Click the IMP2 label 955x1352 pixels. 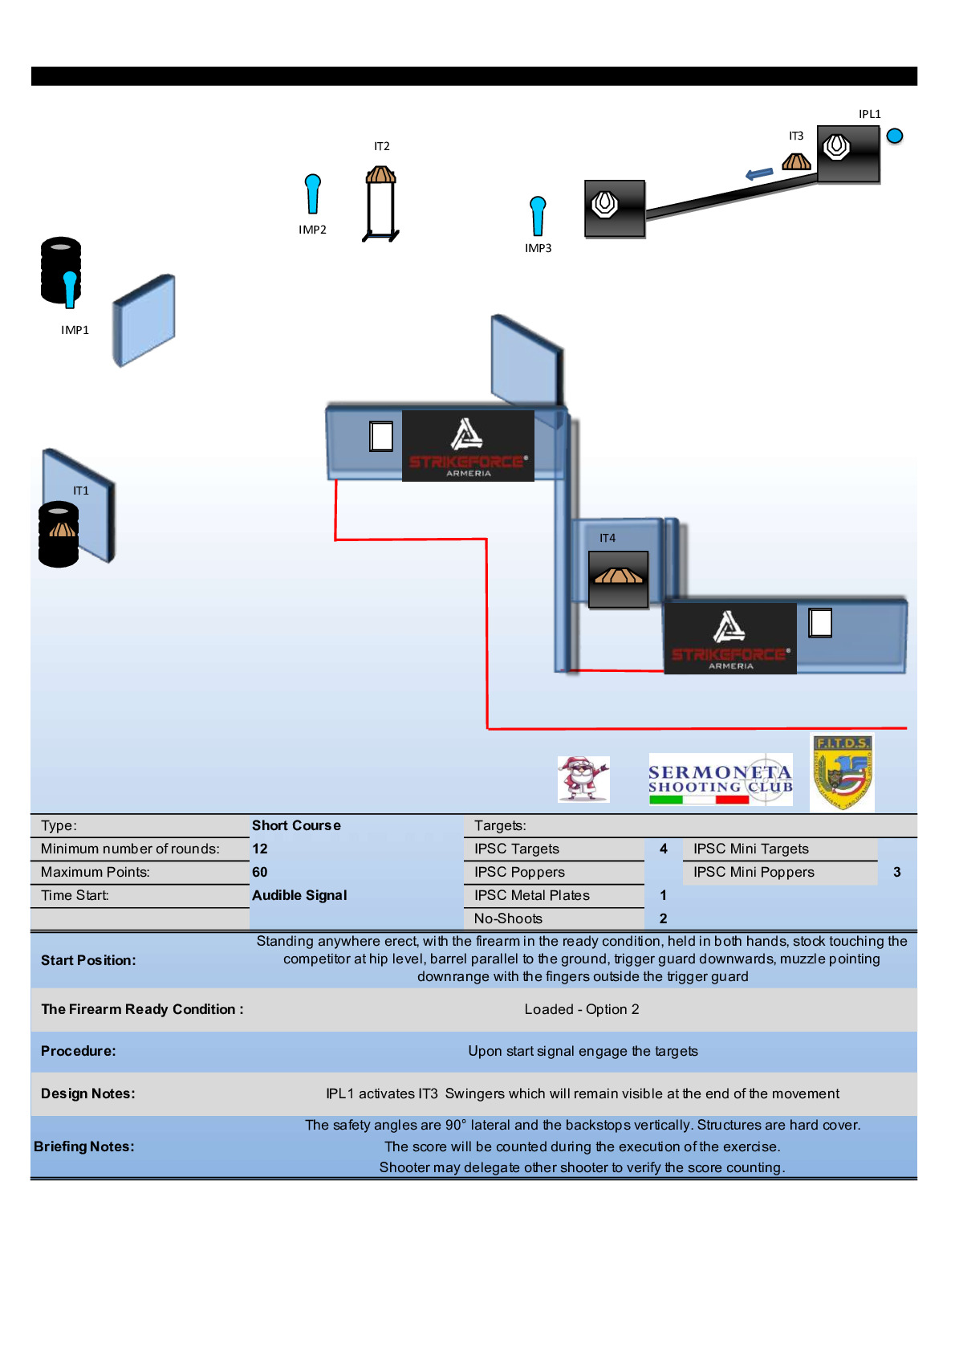pos(312,230)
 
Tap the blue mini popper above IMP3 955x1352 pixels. pos(538,215)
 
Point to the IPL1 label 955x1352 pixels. pos(869,114)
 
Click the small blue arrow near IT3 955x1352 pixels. pos(758,173)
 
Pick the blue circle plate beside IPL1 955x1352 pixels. pos(895,136)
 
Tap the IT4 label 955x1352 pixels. pos(608,538)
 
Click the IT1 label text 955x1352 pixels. pos(81,491)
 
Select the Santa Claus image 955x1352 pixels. pos(583,779)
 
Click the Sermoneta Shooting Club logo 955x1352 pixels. pos(720,780)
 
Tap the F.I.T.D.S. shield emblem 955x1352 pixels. pos(842,772)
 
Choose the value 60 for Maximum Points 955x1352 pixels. pos(260,872)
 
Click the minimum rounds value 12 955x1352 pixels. pos(260,849)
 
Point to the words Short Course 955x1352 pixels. pos(296,825)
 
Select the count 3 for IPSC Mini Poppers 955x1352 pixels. pos(896,872)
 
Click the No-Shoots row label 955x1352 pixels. pos(508,918)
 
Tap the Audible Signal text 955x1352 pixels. pos(299,895)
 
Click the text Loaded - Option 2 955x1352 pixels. pos(582,1009)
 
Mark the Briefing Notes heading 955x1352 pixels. pos(84,1146)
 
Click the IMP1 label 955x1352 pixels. pos(75,330)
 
